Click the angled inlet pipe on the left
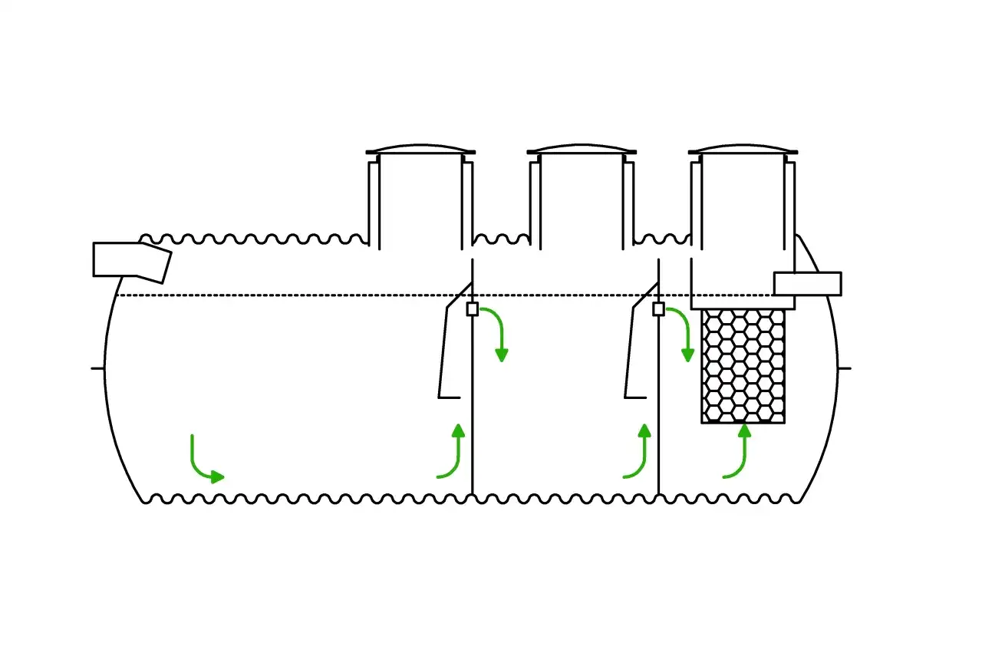pyautogui.click(x=130, y=259)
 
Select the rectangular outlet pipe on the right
pyautogui.click(x=807, y=283)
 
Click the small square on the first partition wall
pyautogui.click(x=473, y=308)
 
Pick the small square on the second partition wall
pyautogui.click(x=658, y=308)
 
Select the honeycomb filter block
pyautogui.click(x=743, y=365)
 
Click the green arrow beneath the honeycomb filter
pyautogui.click(x=738, y=453)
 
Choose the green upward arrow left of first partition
pyautogui.click(x=453, y=453)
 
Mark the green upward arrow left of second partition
pyautogui.click(x=639, y=453)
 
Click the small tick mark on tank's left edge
pyautogui.click(x=97, y=368)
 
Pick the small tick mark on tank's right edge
pyautogui.click(x=844, y=368)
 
